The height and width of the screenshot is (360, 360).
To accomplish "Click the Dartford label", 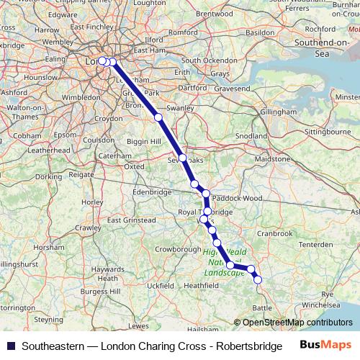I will [192, 88].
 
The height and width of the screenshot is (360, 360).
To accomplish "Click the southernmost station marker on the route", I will [258, 279].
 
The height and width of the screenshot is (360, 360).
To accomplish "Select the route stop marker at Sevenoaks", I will [183, 158].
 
